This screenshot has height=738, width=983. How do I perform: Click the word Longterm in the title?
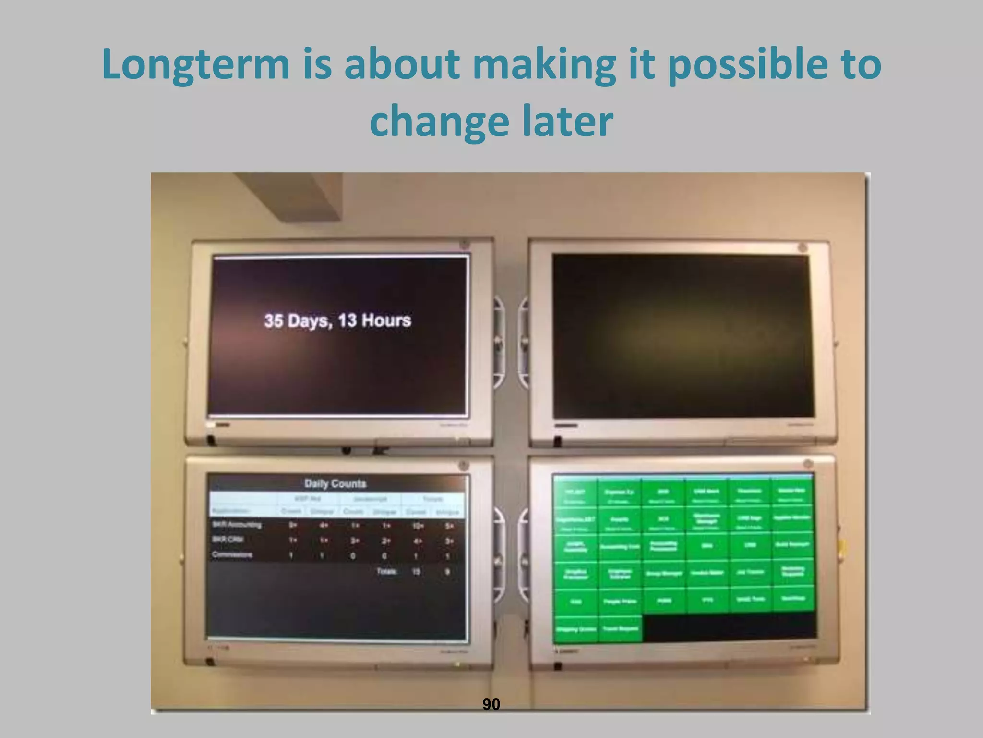pos(196,65)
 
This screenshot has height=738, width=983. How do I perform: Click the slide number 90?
pos(491,704)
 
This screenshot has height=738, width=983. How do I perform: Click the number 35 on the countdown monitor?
pos(273,321)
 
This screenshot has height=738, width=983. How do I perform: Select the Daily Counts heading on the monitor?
pos(335,483)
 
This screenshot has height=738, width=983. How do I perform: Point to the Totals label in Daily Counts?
pos(386,572)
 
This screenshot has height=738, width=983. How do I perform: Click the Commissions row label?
pos(232,555)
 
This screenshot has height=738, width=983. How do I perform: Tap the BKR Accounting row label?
pos(237,525)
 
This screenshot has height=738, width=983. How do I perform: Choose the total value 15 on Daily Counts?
pos(416,572)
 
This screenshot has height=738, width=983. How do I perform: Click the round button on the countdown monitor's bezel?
pos(464,245)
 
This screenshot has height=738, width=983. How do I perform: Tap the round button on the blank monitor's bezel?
pos(803,248)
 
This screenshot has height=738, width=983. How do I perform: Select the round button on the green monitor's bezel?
pos(807,464)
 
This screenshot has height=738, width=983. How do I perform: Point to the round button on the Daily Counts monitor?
pos(463,465)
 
